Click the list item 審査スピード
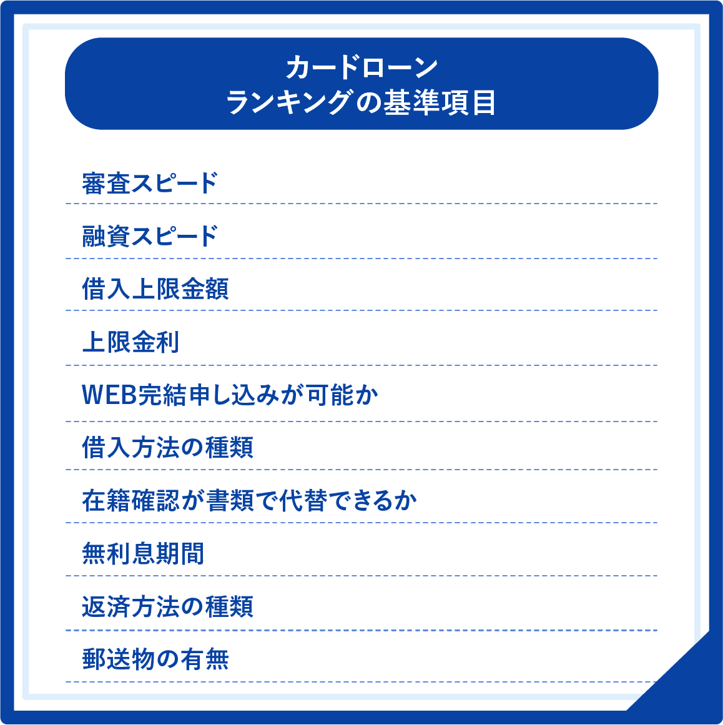click(x=150, y=183)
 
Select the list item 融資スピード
click(x=150, y=237)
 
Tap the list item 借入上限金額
click(x=155, y=289)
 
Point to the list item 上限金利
click(x=130, y=342)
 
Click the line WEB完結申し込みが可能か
click(x=230, y=395)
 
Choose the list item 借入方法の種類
click(x=167, y=448)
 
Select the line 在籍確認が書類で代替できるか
click(x=249, y=501)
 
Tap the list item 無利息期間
click(x=143, y=553)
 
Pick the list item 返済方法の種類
click(x=167, y=606)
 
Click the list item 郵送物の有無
click(x=155, y=659)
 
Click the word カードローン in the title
click(x=361, y=68)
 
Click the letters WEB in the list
click(x=109, y=395)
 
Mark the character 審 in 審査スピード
click(x=94, y=183)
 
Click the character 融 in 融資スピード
click(x=94, y=237)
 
